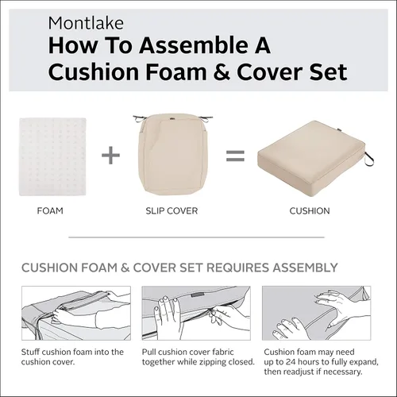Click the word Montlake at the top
pos(86,23)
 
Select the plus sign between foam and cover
pos(110,155)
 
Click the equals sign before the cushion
pos(235,156)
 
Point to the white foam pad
pos(52,156)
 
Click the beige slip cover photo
pos(172,155)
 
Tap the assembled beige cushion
pos(312,158)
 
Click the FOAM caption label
pos(50,211)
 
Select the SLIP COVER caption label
pos(172,211)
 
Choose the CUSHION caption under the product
pos(310,211)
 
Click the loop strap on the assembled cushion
pos(368,159)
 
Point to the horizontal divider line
pos(196,237)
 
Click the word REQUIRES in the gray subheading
pos(238,268)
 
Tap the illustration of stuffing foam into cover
pos(76,313)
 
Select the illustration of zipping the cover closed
pos(196,313)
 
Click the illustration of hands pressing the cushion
pos(316,313)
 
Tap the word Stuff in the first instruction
pos(30,352)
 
